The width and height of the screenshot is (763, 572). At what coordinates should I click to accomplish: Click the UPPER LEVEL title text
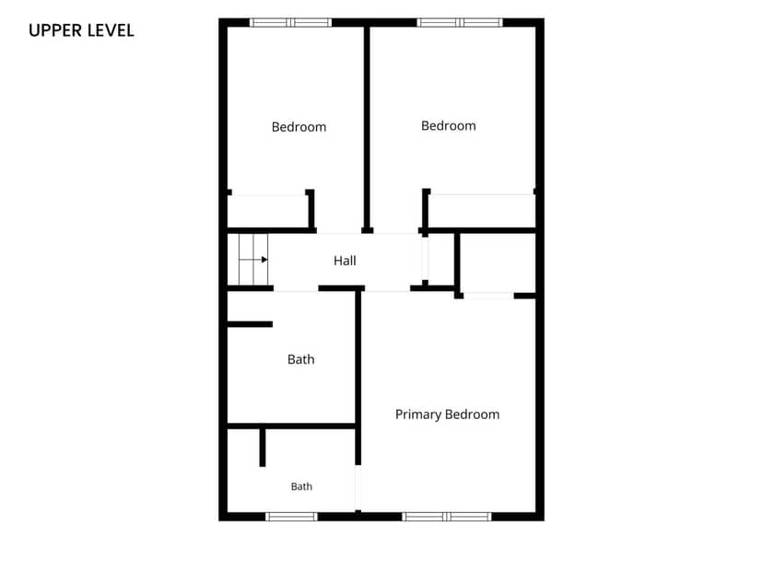click(x=81, y=30)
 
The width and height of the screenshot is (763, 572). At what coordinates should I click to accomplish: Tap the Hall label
click(x=345, y=261)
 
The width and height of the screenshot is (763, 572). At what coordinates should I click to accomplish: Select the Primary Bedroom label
click(x=447, y=414)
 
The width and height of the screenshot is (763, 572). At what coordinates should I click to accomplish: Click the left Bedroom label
click(x=299, y=127)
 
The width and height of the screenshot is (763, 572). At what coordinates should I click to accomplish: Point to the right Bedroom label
click(x=448, y=126)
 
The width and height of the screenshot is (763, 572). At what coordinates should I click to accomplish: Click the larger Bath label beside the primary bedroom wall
click(x=300, y=359)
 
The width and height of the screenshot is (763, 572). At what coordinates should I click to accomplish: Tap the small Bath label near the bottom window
click(x=301, y=486)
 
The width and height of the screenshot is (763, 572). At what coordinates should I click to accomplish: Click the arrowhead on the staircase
click(x=264, y=259)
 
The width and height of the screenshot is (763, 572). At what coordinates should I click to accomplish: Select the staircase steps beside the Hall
click(x=253, y=259)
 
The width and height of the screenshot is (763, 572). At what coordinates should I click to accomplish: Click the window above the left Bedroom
click(x=290, y=22)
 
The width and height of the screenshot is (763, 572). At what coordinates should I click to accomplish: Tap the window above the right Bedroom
click(x=459, y=22)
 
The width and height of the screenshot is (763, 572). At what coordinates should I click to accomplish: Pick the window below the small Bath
click(x=291, y=517)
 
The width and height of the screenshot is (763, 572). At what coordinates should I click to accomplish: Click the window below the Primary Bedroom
click(x=447, y=517)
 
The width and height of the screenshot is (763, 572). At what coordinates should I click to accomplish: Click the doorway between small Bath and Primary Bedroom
click(x=358, y=487)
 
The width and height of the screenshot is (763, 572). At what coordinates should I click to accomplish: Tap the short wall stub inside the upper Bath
click(x=250, y=324)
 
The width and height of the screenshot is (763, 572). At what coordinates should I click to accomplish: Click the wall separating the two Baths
click(x=292, y=426)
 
